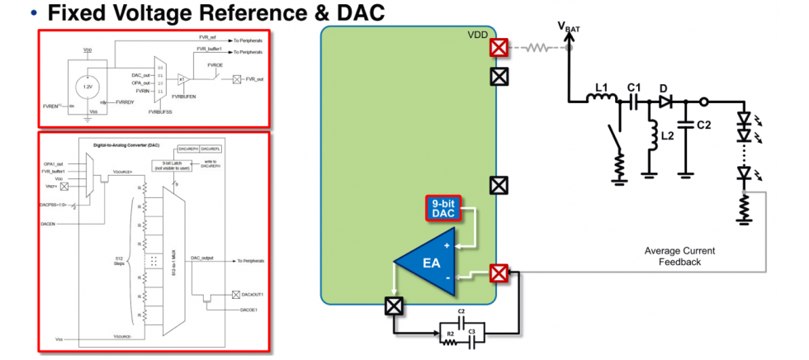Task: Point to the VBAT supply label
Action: (569, 28)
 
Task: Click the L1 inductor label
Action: (602, 88)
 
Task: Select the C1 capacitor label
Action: (633, 88)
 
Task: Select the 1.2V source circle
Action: (88, 85)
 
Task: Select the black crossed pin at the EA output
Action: (395, 306)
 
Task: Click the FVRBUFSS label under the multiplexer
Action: (163, 110)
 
